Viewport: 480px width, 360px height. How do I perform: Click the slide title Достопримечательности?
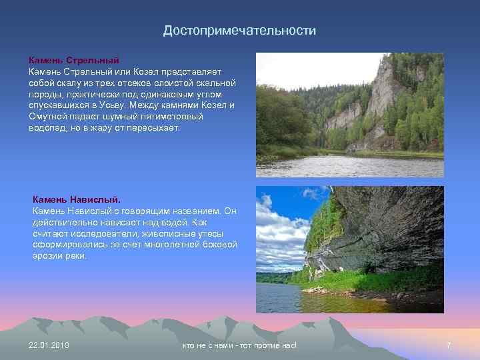[x=240, y=31]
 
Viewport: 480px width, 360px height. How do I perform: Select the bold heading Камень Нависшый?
[x=77, y=199]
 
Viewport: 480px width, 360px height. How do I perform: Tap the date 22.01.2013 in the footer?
[x=49, y=345]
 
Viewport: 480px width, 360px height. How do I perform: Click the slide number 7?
[x=448, y=345]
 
